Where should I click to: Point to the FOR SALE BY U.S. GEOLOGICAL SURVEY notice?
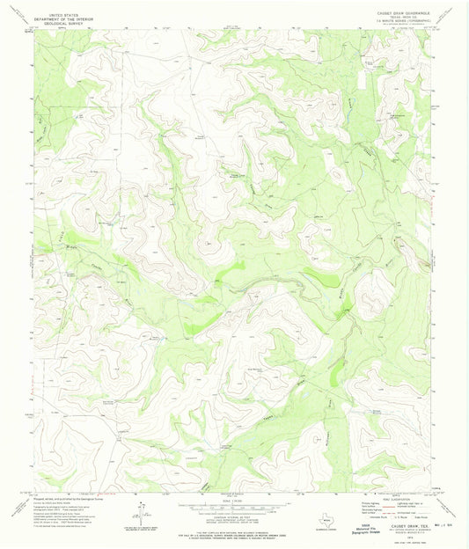coord(234,534)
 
